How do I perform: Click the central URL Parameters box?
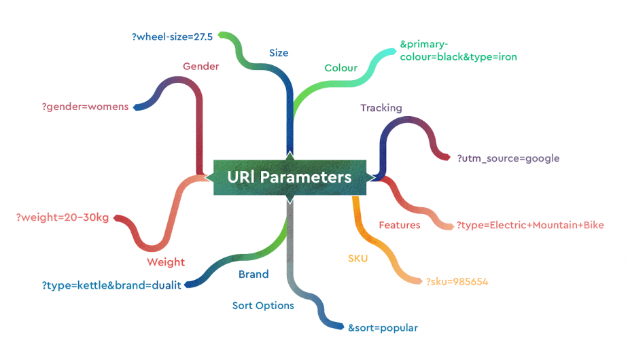point(290,177)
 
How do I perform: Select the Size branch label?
point(279,53)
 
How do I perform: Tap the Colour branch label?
point(341,68)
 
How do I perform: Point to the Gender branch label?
point(201,67)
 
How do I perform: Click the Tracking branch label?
point(381,108)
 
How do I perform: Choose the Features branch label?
point(400,225)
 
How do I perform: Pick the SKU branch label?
point(358,258)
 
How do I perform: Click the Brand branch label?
point(254,274)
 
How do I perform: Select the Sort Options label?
point(263,306)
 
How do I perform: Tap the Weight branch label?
point(166,262)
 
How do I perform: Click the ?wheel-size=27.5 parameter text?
point(172,37)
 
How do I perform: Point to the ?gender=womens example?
point(86,107)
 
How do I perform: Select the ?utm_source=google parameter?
point(508,158)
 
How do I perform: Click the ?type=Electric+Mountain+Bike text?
point(530,225)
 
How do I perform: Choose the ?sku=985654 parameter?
point(457,282)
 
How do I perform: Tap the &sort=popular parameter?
point(383,328)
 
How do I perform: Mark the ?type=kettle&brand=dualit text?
point(111,285)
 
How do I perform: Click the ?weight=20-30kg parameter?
point(63,217)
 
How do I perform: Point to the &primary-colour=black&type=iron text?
point(458,50)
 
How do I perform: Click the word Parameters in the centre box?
point(306,177)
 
